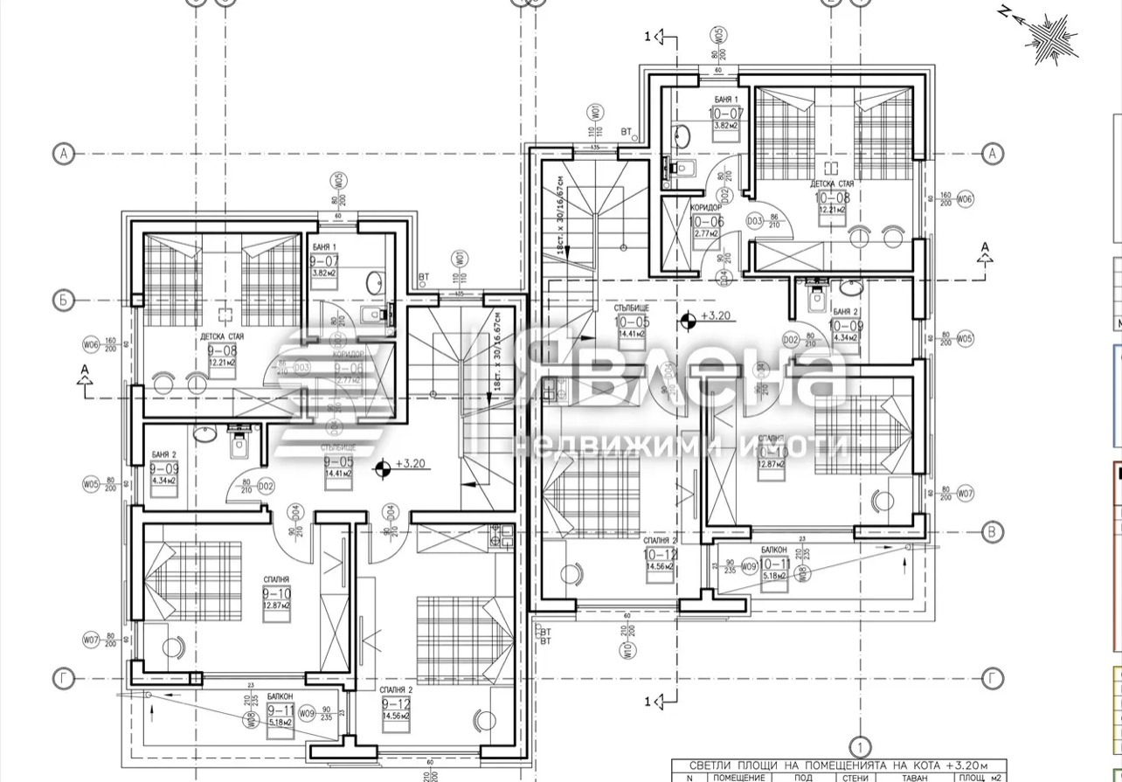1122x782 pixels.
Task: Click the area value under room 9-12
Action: click(x=395, y=716)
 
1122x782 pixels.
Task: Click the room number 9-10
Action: click(x=276, y=593)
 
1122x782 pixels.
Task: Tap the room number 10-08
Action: click(x=832, y=197)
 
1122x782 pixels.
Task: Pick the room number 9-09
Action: click(x=163, y=467)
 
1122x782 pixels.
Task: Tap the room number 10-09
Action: click(x=845, y=325)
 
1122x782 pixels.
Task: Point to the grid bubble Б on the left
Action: click(x=62, y=300)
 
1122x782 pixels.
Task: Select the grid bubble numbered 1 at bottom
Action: click(x=860, y=747)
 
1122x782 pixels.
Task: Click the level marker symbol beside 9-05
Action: click(x=382, y=470)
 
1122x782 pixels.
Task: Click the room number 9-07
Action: click(x=324, y=260)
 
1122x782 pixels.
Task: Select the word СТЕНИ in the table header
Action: click(x=855, y=777)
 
